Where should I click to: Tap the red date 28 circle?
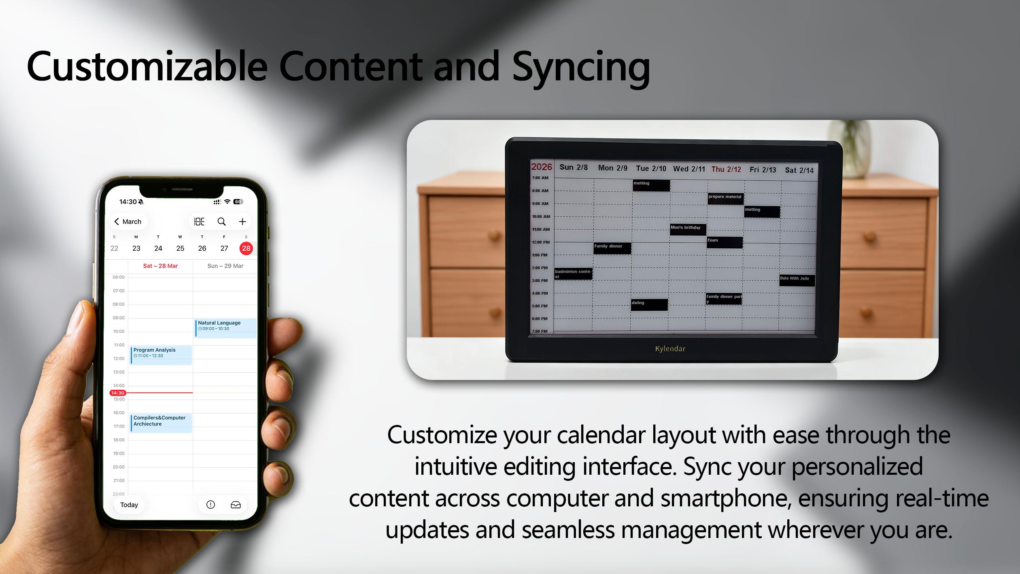[x=246, y=248]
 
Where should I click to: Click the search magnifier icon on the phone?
[x=221, y=222]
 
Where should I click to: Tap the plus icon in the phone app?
[x=242, y=222]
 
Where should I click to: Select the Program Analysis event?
[x=161, y=355]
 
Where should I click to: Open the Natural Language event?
[x=225, y=327]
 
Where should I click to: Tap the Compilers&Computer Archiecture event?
[x=161, y=422]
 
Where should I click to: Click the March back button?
[x=128, y=222]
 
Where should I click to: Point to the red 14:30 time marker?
[x=118, y=393]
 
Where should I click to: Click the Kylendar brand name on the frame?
[x=670, y=349]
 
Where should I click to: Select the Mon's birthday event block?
[x=688, y=229]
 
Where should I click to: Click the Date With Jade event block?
[x=797, y=280]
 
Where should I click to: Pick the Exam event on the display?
[x=724, y=242]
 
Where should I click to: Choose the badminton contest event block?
[x=573, y=274]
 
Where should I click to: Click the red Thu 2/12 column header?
[x=726, y=169]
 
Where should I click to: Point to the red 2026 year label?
[x=542, y=167]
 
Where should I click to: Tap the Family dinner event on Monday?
[x=612, y=248]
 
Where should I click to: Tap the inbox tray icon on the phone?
[x=236, y=505]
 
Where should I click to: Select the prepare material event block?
[x=725, y=198]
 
